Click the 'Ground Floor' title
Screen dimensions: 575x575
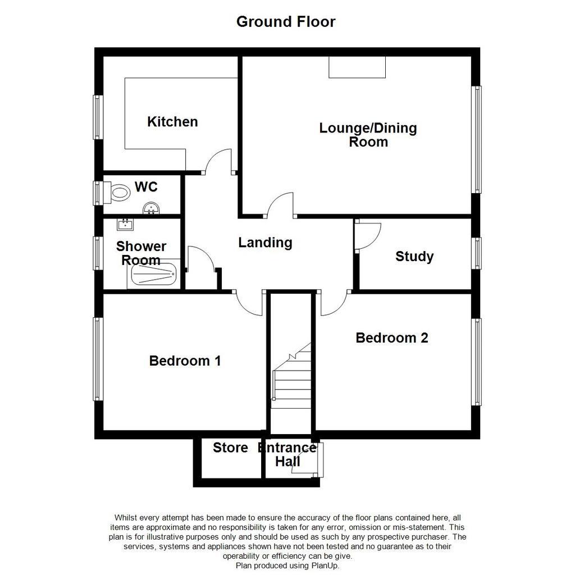coord(286,22)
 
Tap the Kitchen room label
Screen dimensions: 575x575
coord(172,122)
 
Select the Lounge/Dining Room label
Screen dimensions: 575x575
coord(368,135)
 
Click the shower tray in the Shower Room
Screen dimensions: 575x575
coord(154,274)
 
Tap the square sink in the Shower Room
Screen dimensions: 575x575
coord(125,224)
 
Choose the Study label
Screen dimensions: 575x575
coord(414,256)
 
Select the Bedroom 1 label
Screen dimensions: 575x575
coord(185,361)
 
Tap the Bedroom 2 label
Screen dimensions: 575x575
coord(391,337)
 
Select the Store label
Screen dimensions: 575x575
coord(230,448)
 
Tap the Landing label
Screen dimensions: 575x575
coord(265,243)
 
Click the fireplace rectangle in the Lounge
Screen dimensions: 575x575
coord(357,67)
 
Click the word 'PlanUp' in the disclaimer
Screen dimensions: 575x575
coord(324,565)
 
